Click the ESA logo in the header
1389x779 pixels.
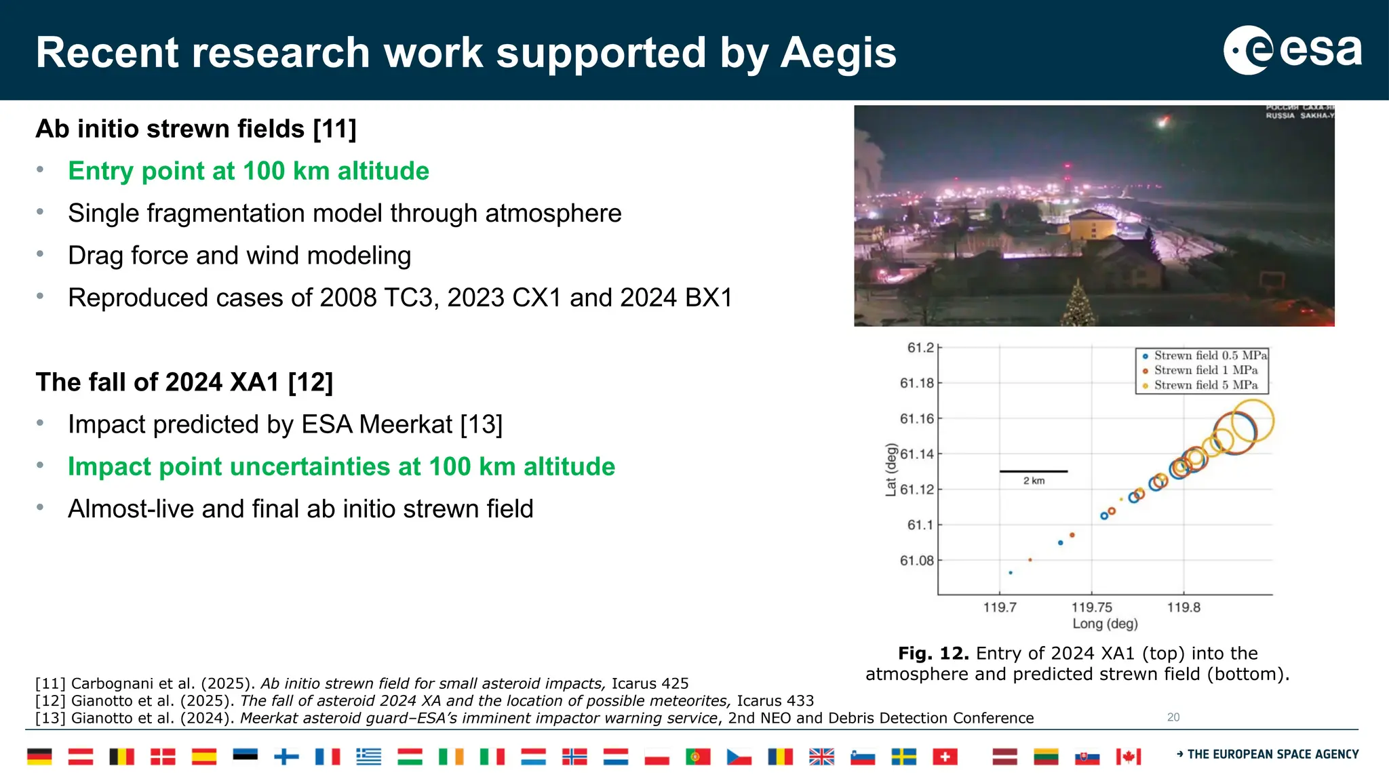[1293, 50]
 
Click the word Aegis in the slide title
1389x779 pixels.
[838, 53]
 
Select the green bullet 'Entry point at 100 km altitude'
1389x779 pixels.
[248, 171]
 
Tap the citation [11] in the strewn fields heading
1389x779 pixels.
[334, 129]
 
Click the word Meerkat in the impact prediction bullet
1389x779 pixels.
[406, 424]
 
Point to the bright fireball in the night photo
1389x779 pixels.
[1162, 123]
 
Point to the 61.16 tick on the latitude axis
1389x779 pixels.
[917, 419]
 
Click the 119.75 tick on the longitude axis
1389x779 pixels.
[1091, 607]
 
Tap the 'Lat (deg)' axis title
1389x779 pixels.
[891, 469]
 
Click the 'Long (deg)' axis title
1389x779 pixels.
[1105, 624]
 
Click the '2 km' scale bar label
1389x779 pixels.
[1034, 481]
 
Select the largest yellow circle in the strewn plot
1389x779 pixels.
[1252, 421]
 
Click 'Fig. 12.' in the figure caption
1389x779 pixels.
[933, 653]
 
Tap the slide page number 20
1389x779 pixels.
[1173, 717]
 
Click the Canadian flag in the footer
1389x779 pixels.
[1129, 757]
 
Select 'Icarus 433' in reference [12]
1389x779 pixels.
[775, 701]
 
